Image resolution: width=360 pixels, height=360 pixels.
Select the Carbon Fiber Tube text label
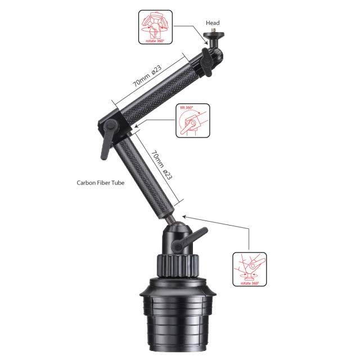[x=101, y=182]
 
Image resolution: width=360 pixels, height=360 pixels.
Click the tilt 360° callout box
[x=192, y=121]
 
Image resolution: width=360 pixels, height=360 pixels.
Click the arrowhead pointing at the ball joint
[x=184, y=217]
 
